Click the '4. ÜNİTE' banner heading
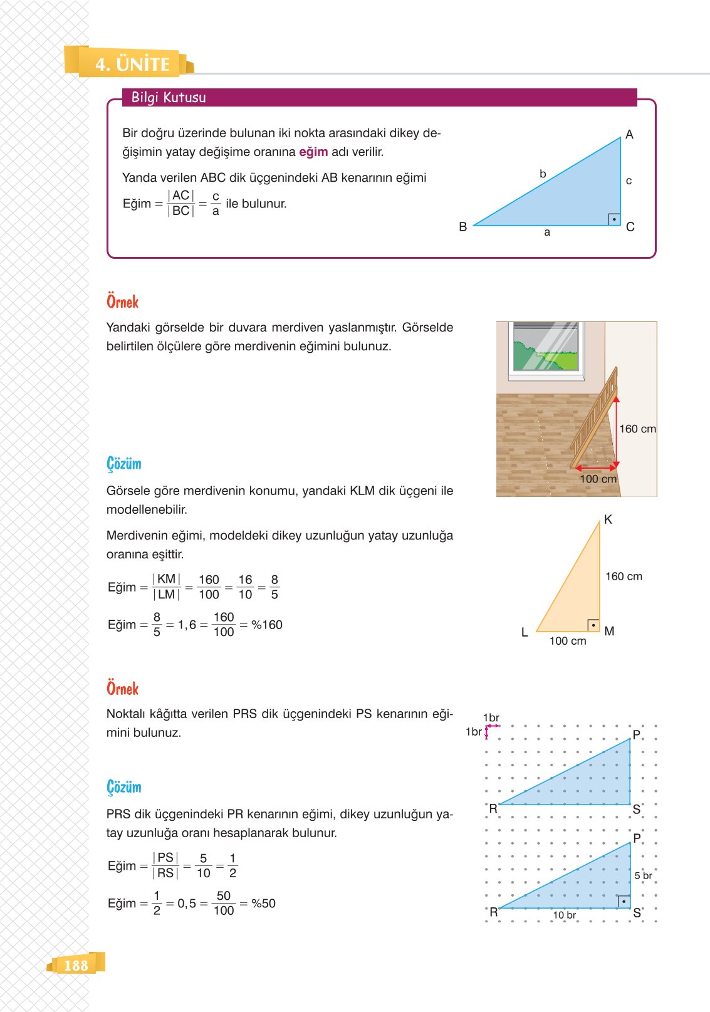(x=132, y=64)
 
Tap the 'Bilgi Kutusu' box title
(x=169, y=97)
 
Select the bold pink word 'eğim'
(x=313, y=152)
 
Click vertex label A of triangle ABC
(x=629, y=135)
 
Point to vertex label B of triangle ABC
(x=462, y=227)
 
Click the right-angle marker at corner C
(x=614, y=219)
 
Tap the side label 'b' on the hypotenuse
(x=543, y=174)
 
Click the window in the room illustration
(x=546, y=348)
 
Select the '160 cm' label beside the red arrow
(x=637, y=429)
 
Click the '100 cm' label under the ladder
(x=598, y=479)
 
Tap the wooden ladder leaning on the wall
(x=595, y=417)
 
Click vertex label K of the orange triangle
(x=608, y=519)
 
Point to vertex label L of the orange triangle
(x=525, y=633)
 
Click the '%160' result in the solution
(x=267, y=625)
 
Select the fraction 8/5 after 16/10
(x=274, y=587)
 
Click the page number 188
(x=76, y=965)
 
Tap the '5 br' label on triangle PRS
(x=643, y=875)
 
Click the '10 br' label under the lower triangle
(x=564, y=915)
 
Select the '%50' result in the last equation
(x=263, y=904)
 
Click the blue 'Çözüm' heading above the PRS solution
(x=124, y=787)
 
